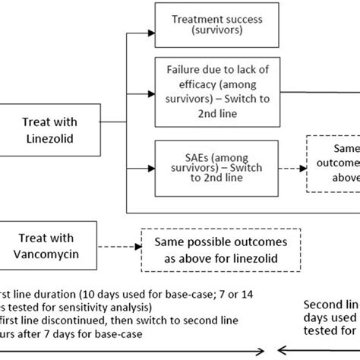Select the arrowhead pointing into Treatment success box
tap(150, 31)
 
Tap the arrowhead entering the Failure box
tap(150, 91)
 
